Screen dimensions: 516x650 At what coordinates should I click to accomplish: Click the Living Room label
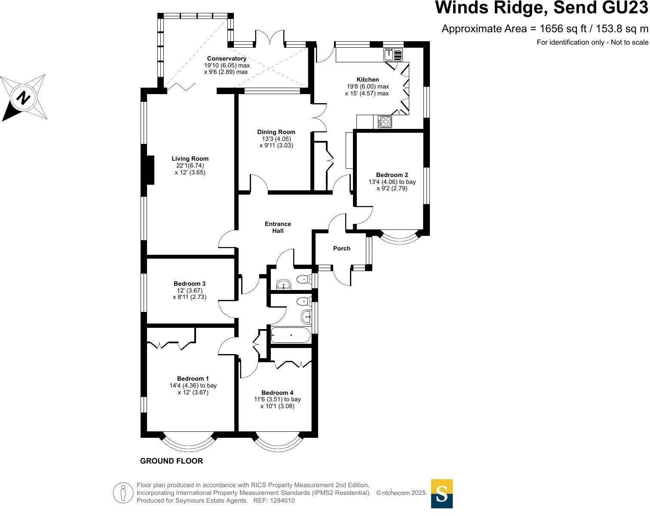click(190, 159)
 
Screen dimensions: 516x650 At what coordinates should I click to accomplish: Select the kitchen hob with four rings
click(385, 122)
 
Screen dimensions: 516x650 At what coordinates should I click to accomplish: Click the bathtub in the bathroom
click(290, 335)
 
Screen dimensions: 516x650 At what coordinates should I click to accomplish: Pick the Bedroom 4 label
click(277, 393)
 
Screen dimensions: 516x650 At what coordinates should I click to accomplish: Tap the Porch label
click(341, 248)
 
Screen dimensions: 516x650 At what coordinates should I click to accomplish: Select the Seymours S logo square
click(442, 494)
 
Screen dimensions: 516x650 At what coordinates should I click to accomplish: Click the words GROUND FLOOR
click(171, 461)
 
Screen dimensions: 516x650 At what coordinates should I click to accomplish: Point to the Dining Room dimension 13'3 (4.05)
click(276, 139)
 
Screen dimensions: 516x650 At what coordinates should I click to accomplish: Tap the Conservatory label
click(227, 58)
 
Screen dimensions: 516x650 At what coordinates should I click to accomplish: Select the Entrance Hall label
click(278, 227)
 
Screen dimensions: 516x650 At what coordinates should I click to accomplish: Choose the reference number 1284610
click(281, 501)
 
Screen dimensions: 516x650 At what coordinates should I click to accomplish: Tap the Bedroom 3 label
click(189, 284)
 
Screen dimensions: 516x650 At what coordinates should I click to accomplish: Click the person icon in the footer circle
click(123, 492)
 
